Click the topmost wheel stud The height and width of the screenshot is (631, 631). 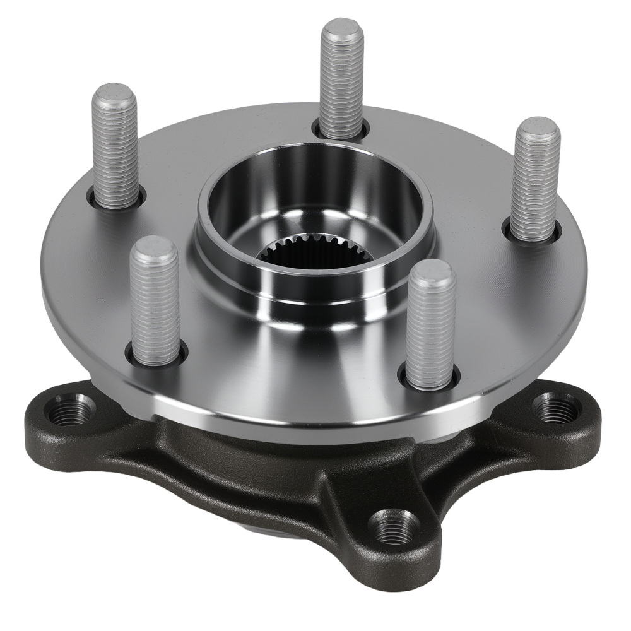pos(341,79)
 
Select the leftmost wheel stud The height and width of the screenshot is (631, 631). pos(115,148)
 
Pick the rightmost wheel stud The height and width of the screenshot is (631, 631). pos(536,180)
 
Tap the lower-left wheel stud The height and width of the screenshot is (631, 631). pos(155,302)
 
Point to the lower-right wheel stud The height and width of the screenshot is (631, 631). pos(430,325)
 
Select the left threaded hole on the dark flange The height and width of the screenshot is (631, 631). pos(70,411)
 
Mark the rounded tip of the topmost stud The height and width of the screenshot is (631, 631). pos(341,29)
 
